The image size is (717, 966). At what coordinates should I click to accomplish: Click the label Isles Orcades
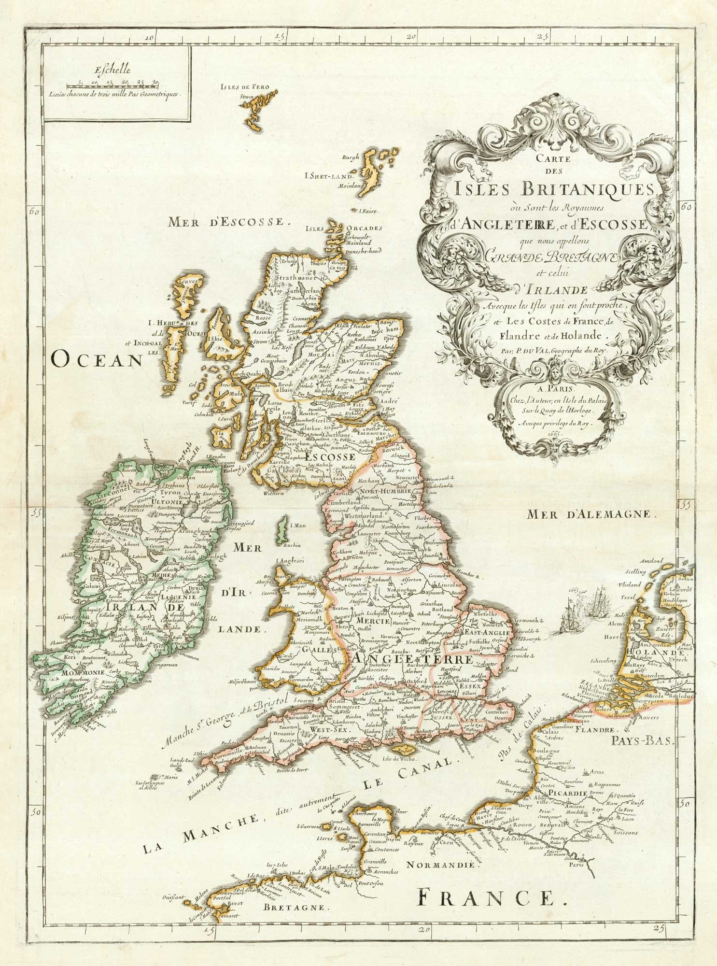pyautogui.click(x=347, y=228)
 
